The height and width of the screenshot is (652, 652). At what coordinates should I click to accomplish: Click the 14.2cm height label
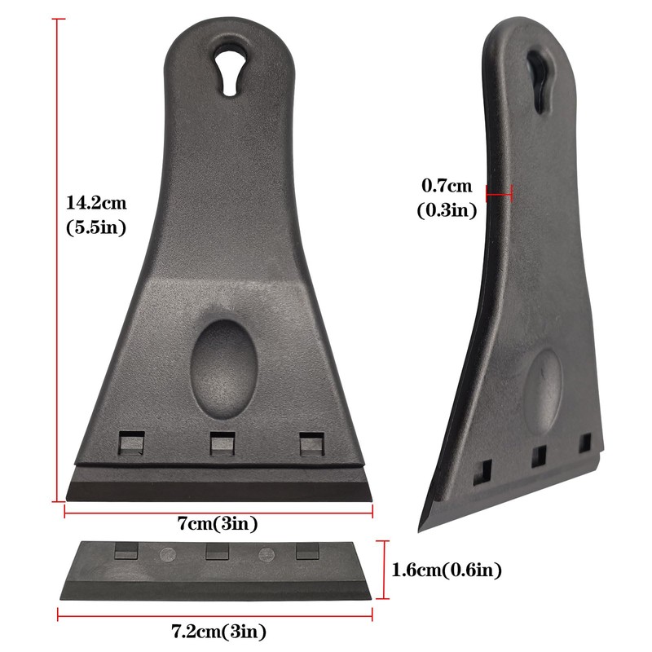click(96, 202)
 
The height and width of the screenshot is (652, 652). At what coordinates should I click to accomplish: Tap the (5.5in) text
click(96, 227)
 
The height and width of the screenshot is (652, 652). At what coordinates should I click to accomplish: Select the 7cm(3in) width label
click(218, 523)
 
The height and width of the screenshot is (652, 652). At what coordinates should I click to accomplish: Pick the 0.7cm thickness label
click(446, 184)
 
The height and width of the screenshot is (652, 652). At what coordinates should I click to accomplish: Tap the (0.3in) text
click(447, 209)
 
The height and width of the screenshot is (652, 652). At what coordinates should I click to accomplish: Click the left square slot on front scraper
click(131, 443)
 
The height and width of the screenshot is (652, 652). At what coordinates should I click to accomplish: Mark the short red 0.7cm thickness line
click(498, 192)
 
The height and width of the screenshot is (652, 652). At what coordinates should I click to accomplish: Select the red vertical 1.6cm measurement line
click(385, 569)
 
